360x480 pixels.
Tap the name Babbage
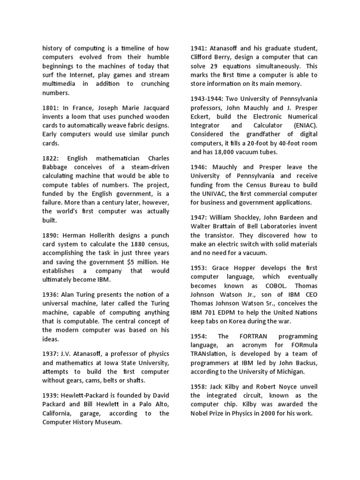coord(56,167)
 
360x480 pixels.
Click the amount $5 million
coord(141,262)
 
